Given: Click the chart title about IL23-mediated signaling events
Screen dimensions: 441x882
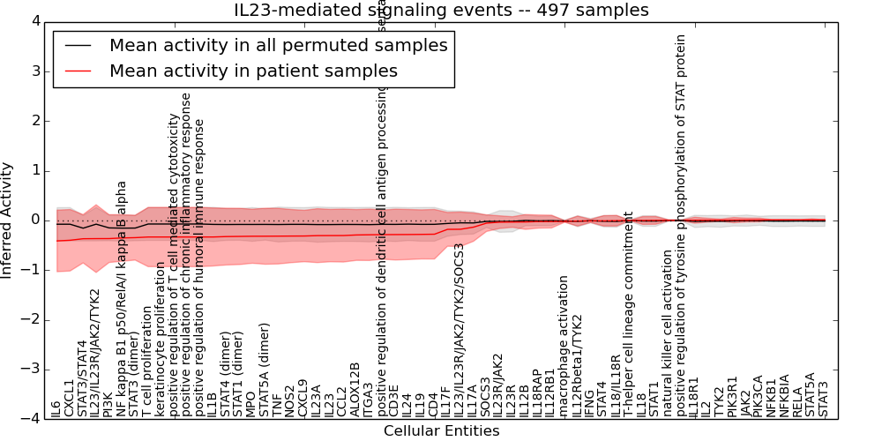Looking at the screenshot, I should click(x=441, y=10).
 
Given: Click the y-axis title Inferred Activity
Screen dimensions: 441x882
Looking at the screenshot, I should click(x=8, y=220).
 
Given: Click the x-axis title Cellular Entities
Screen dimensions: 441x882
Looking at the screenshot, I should click(x=441, y=431).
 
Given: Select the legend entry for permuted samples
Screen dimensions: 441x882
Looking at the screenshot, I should click(x=278, y=45).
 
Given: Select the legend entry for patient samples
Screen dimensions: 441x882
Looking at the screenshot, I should click(x=253, y=71).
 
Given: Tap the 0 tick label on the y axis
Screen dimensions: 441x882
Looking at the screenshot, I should click(x=34, y=220).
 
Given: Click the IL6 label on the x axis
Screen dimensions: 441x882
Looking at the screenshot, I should click(x=56, y=408).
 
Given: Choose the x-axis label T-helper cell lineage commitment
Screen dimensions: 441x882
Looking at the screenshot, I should click(x=629, y=313).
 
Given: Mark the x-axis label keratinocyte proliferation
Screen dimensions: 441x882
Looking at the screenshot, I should click(x=160, y=339).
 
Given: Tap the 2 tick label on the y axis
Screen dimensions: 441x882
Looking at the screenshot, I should click(x=34, y=120).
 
